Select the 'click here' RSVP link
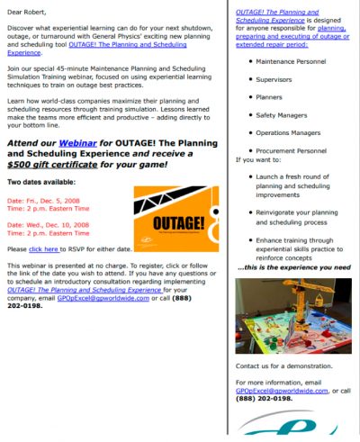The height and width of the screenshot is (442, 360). point(44,248)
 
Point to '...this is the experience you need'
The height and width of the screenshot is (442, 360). point(292,267)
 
